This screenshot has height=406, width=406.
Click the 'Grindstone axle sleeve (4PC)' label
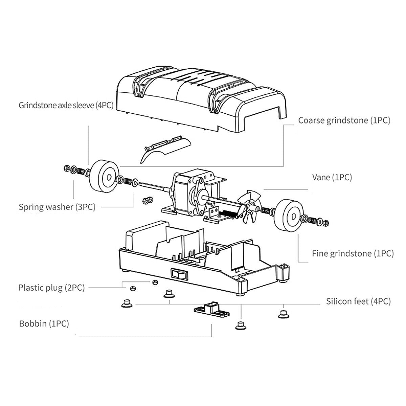coord(66,105)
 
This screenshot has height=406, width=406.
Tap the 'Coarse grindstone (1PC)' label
coord(344,120)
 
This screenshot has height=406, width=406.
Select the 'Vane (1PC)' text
coord(332,177)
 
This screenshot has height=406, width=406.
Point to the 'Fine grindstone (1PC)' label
coord(353,253)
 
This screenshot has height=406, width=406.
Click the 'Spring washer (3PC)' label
coord(57,207)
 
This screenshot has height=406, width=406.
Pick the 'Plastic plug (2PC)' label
coord(52,288)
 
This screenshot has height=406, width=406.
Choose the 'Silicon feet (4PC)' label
coord(358,301)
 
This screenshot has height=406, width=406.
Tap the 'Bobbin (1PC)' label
coord(44,324)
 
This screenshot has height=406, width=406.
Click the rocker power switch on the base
coord(180,274)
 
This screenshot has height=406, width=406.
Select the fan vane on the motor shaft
coord(249,207)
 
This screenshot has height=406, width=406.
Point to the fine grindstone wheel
coord(289,215)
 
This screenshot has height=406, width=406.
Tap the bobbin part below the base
coord(211,310)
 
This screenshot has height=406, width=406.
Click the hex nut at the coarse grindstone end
coord(67,168)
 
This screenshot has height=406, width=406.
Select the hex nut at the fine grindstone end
coord(325,223)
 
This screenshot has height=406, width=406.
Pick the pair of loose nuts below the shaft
coord(148,200)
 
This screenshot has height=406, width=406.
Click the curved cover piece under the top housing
coord(165,149)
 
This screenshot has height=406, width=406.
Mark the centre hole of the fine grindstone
coord(293,217)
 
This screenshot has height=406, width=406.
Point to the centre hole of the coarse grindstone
coord(109,177)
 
